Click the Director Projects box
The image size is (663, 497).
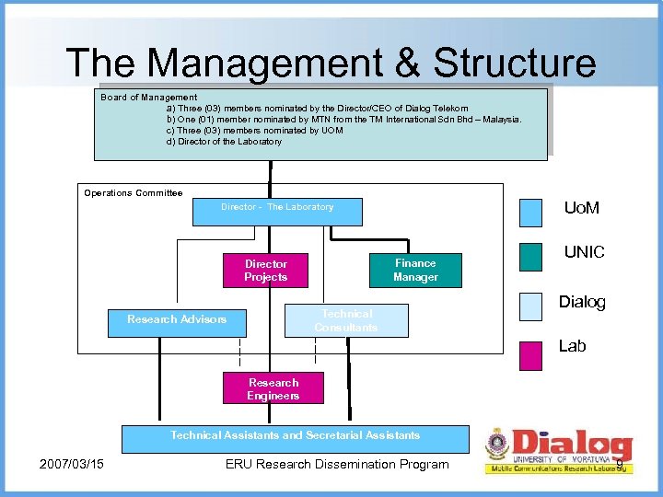pos(265,271)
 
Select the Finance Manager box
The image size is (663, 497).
pos(415,270)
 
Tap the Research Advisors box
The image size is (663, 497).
pos(177,319)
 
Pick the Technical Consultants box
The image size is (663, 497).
pos(345,320)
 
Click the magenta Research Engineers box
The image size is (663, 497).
pos(273,388)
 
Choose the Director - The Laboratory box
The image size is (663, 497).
pos(277,211)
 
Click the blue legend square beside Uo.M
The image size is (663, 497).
pos(531,212)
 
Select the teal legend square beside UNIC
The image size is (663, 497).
pos(531,257)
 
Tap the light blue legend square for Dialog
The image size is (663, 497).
pos(531,306)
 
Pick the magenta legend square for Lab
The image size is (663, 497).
pos(531,355)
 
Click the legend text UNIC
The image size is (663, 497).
pos(584,252)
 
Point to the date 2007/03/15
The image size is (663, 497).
pos(72,464)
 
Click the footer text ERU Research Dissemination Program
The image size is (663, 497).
pos(337,464)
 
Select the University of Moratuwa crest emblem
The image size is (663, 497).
pos(497,445)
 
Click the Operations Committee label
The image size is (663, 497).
pos(134,193)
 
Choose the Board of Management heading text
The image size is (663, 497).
pos(148,98)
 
